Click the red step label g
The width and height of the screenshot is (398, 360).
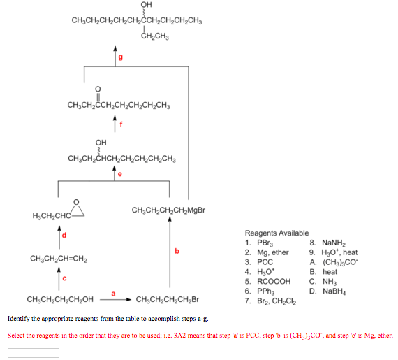pyautogui.click(x=121, y=57)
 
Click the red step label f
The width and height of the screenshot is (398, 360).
pyautogui.click(x=121, y=124)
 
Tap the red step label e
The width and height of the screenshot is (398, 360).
pyautogui.click(x=120, y=174)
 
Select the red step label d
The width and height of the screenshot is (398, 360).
pyautogui.click(x=64, y=235)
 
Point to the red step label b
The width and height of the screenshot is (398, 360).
pyautogui.click(x=177, y=251)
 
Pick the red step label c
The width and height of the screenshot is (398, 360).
pyautogui.click(x=64, y=278)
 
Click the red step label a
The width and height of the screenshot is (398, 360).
pyautogui.click(x=113, y=294)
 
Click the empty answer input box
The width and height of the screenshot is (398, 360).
pyautogui.click(x=34, y=353)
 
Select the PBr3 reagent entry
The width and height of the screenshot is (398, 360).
pyautogui.click(x=259, y=243)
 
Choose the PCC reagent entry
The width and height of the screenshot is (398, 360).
pyautogui.click(x=259, y=262)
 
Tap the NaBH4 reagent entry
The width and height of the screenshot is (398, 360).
pyautogui.click(x=327, y=291)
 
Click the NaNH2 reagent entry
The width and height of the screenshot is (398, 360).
pyautogui.click(x=327, y=243)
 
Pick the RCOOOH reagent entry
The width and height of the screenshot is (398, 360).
pyautogui.click(x=268, y=281)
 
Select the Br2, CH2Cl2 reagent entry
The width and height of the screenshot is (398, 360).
pyautogui.click(x=270, y=301)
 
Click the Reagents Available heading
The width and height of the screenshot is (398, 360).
pyautogui.click(x=277, y=233)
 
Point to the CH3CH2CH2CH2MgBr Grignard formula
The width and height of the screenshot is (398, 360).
pyautogui.click(x=168, y=210)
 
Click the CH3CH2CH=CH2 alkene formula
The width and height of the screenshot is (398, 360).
pyautogui.click(x=59, y=259)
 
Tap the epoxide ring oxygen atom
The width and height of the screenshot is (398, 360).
pyautogui.click(x=76, y=202)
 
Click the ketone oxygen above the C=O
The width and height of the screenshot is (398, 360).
pyautogui.click(x=98, y=89)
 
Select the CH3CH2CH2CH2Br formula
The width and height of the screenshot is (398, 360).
pyautogui.click(x=168, y=300)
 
